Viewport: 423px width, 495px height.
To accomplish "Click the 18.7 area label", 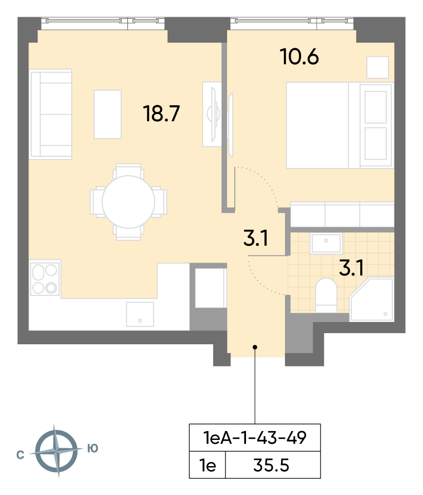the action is pyautogui.click(x=161, y=113).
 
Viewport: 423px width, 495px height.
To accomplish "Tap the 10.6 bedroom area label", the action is pyautogui.click(x=299, y=57).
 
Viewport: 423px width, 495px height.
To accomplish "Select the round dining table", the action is pyautogui.click(x=128, y=202).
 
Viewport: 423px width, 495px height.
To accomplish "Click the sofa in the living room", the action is pyautogui.click(x=51, y=114).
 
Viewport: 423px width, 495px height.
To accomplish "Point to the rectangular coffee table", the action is pyautogui.click(x=108, y=114).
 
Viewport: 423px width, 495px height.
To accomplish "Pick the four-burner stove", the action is pyautogui.click(x=45, y=279).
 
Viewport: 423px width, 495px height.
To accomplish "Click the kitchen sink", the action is pyautogui.click(x=140, y=314).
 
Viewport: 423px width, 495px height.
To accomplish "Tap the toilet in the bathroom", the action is pyautogui.click(x=326, y=295).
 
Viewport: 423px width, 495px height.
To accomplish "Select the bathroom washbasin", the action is pyautogui.click(x=326, y=244).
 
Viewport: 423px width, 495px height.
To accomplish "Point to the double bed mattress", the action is pyautogui.click(x=317, y=125).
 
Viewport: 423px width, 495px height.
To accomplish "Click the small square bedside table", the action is pyautogui.click(x=377, y=67).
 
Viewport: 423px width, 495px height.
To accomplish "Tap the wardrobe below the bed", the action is pyautogui.click(x=342, y=214).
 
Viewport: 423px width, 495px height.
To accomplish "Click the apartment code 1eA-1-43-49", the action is pyautogui.click(x=255, y=438).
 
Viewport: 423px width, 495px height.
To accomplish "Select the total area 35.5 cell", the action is pyautogui.click(x=272, y=466).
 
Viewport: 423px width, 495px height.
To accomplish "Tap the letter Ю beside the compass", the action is pyautogui.click(x=93, y=448).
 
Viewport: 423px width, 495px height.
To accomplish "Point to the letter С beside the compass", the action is pyautogui.click(x=20, y=455).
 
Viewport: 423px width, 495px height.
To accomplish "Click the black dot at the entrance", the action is pyautogui.click(x=255, y=347).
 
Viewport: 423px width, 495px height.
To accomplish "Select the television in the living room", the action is pyautogui.click(x=214, y=114).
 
